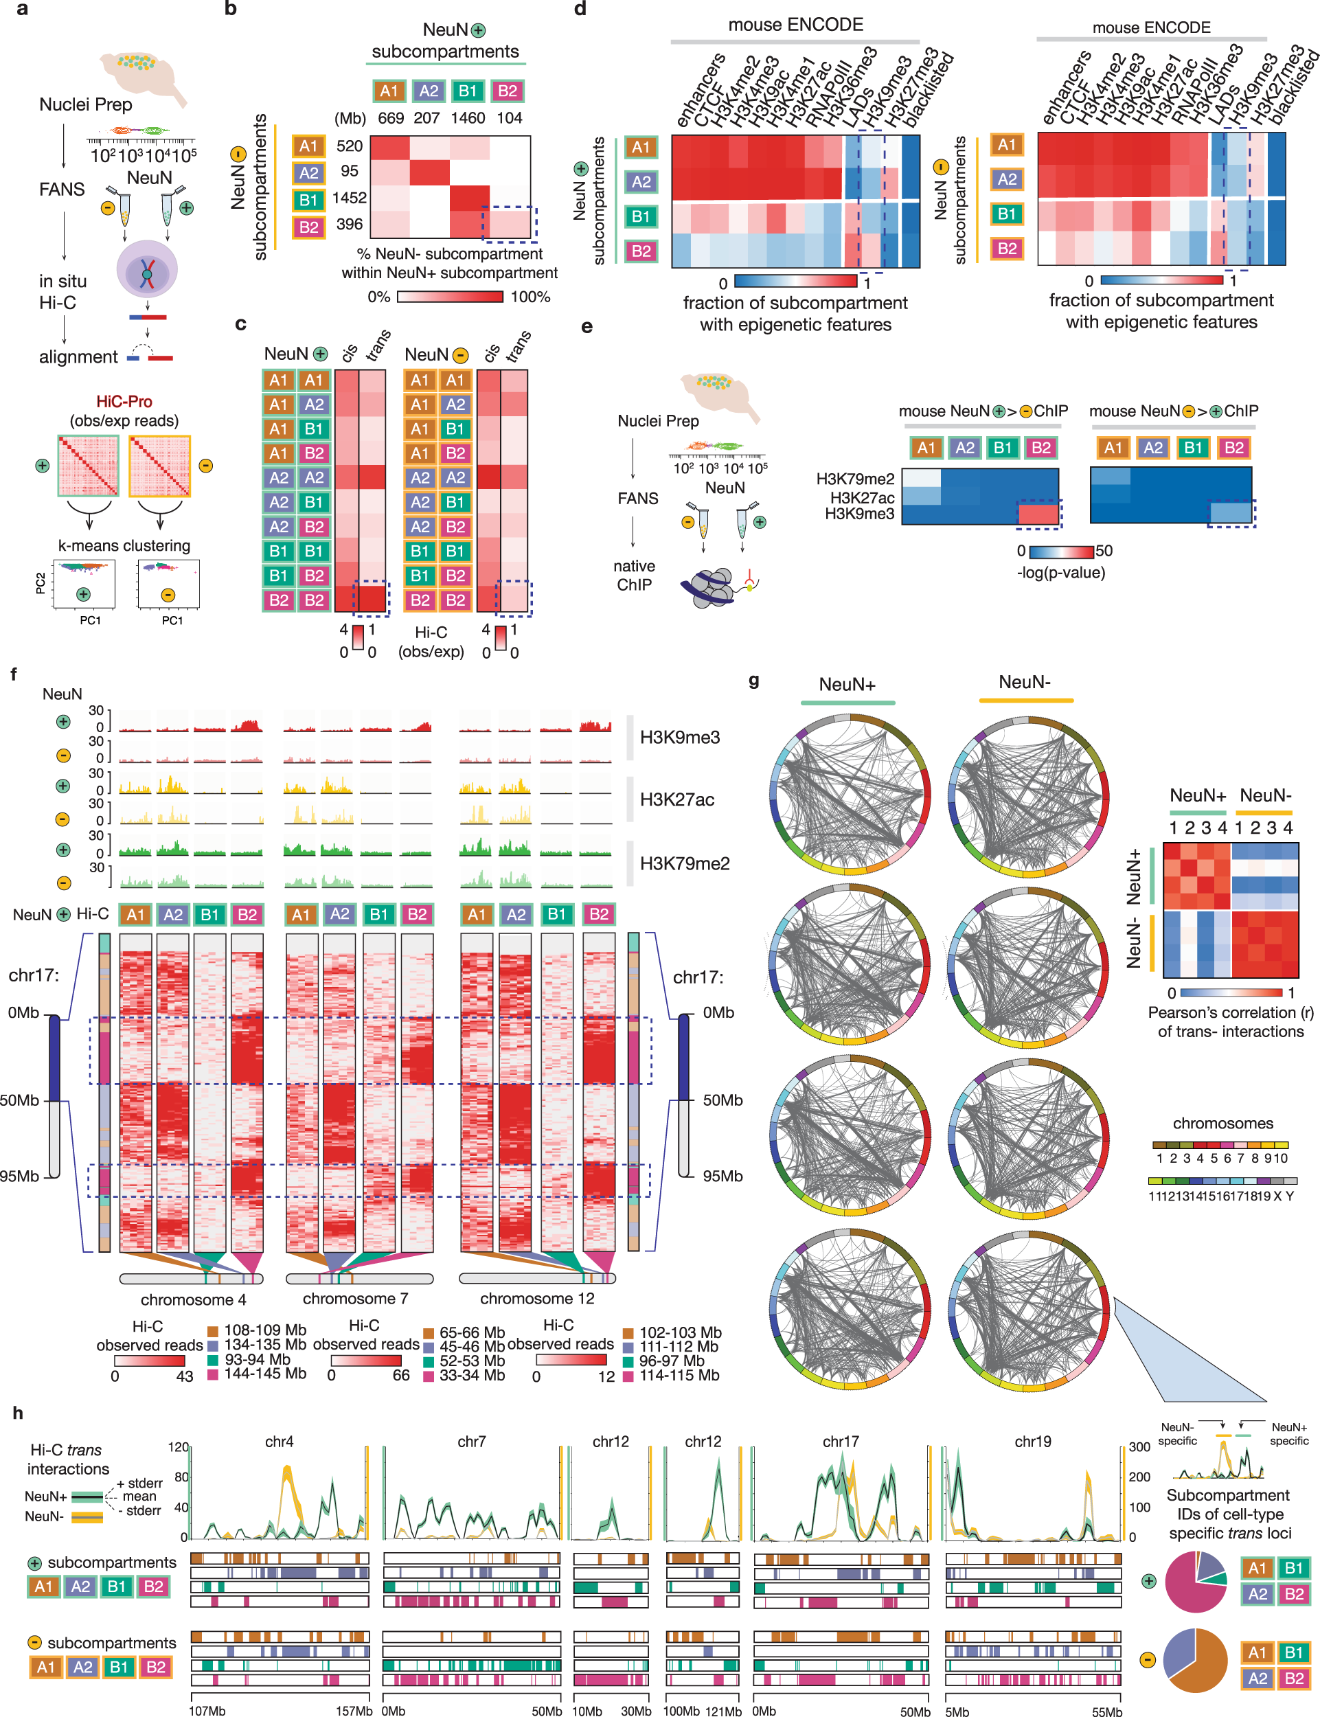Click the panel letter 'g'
(753, 680)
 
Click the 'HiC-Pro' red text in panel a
(124, 402)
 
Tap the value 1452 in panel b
(349, 198)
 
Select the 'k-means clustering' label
(124, 545)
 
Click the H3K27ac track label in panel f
(676, 800)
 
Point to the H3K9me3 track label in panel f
(680, 737)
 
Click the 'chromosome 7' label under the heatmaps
(355, 1298)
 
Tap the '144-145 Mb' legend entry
(265, 1373)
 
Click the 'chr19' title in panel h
(1032, 1441)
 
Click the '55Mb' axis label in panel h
(1106, 1712)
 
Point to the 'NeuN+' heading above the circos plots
(847, 685)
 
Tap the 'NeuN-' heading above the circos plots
(1025, 682)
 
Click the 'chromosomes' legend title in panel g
(1222, 1123)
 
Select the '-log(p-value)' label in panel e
(1060, 572)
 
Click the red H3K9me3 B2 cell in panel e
(1038, 514)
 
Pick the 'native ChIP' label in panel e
(635, 576)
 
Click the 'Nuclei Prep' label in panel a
(86, 104)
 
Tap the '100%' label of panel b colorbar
(530, 297)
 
